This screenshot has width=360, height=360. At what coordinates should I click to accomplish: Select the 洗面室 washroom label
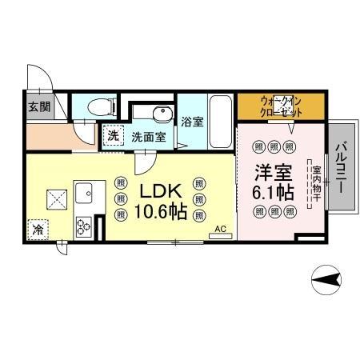tap(149, 136)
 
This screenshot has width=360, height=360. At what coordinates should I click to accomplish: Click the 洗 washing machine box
tap(114, 136)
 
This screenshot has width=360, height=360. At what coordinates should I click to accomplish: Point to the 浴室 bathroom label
tap(191, 122)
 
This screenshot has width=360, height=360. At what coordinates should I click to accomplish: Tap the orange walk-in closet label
tap(280, 105)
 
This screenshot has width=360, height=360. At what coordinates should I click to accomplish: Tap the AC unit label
tap(221, 230)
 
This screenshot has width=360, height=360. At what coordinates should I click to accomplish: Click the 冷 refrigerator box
tap(38, 230)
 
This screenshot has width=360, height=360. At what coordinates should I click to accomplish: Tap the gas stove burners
tap(84, 226)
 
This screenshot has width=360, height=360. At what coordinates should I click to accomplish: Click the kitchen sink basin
tap(84, 192)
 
